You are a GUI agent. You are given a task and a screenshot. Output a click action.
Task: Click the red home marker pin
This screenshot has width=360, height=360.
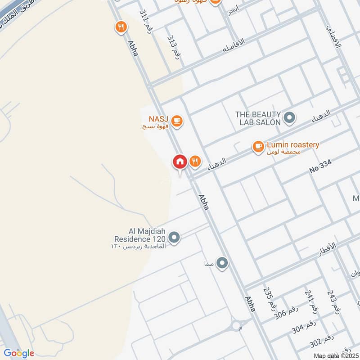(x=180, y=162)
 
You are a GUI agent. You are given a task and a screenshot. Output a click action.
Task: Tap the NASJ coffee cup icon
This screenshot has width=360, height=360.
(x=177, y=121)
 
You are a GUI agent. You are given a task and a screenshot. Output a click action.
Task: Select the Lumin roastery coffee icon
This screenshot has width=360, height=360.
(x=258, y=146)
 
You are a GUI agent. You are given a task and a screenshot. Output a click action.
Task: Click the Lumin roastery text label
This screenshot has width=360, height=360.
(x=293, y=145)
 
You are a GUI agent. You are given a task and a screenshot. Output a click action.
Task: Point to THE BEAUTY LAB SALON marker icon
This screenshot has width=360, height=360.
(x=290, y=118)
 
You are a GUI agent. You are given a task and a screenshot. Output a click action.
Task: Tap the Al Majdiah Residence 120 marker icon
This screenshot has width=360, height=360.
(x=174, y=237)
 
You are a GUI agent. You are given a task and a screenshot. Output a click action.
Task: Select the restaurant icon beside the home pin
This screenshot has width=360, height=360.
(x=195, y=161)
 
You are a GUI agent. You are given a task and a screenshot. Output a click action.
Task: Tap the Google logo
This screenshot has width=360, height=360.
(x=19, y=353)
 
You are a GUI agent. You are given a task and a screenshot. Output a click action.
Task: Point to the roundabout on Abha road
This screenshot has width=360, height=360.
(x=236, y=325)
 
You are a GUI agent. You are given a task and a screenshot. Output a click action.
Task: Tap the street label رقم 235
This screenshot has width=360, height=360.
(x=270, y=300)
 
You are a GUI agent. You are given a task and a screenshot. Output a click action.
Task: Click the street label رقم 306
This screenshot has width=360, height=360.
(x=285, y=315)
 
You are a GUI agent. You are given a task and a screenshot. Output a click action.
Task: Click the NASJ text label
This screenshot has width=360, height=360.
(x=158, y=119)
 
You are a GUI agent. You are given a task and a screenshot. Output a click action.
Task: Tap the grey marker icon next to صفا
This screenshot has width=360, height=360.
(x=222, y=263)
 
